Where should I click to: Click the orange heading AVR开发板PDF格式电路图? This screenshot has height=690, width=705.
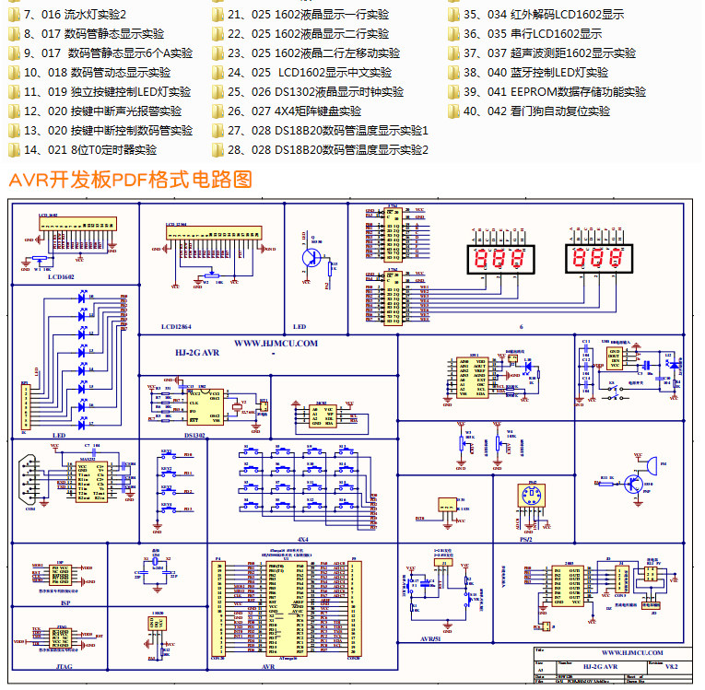(x=130, y=180)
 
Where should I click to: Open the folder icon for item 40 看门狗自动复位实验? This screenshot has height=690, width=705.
(x=453, y=111)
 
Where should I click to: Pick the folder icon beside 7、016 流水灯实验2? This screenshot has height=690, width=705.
(x=13, y=15)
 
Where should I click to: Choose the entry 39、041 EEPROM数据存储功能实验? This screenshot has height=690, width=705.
(x=554, y=92)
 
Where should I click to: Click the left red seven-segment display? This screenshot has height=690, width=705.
(x=499, y=259)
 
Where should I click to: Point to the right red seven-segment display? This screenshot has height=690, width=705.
(x=598, y=259)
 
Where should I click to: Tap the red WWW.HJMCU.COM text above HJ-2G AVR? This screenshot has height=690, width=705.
(x=276, y=343)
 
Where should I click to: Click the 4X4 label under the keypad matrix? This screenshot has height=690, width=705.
(x=303, y=538)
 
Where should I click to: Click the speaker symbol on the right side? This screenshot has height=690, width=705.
(x=651, y=461)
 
